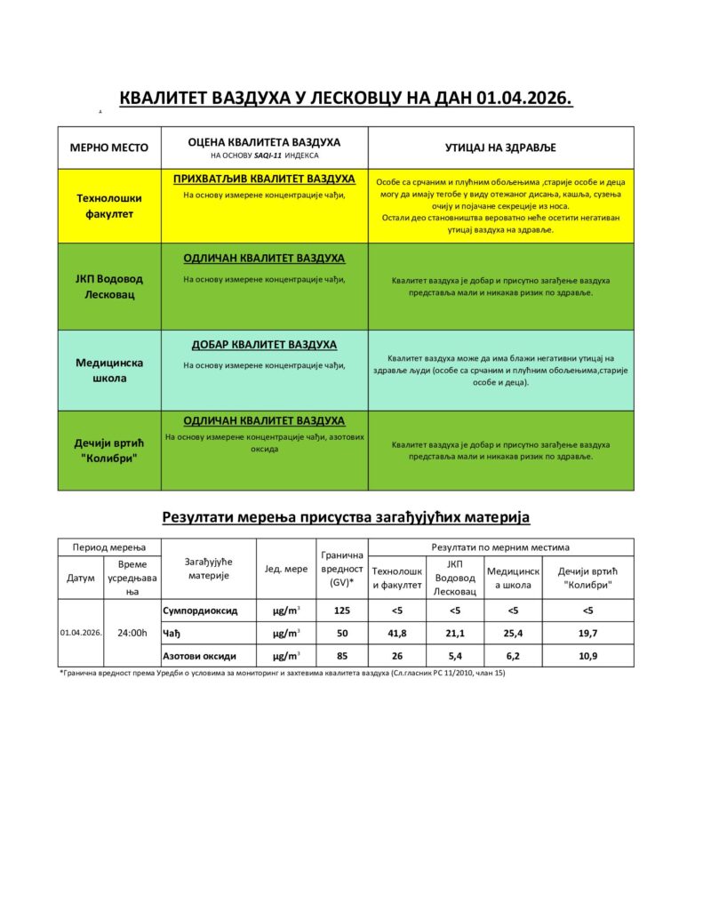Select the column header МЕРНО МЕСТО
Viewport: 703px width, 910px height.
click(103, 148)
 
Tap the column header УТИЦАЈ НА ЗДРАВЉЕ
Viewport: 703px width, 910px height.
click(500, 148)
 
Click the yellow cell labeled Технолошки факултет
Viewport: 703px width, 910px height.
click(103, 206)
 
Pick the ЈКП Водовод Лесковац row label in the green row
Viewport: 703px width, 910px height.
click(103, 286)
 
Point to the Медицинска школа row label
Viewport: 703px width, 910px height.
click(103, 370)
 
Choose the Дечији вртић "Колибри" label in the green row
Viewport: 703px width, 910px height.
click(103, 450)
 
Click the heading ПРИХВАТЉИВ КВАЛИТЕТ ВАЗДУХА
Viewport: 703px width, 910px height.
click(264, 179)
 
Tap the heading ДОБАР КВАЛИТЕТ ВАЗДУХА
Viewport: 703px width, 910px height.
click(264, 344)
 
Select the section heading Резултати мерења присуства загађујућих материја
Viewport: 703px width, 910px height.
click(346, 515)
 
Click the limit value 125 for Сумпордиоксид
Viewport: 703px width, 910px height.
click(341, 611)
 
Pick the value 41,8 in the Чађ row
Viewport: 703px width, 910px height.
click(396, 633)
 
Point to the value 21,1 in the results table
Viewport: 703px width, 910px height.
click(454, 633)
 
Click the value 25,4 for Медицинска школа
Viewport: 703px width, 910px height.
click(513, 633)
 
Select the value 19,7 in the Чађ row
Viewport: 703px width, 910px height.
click(587, 633)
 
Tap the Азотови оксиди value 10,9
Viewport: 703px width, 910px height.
click(587, 656)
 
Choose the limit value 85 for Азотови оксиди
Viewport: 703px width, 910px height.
click(341, 656)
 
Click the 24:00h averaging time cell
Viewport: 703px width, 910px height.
click(132, 633)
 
